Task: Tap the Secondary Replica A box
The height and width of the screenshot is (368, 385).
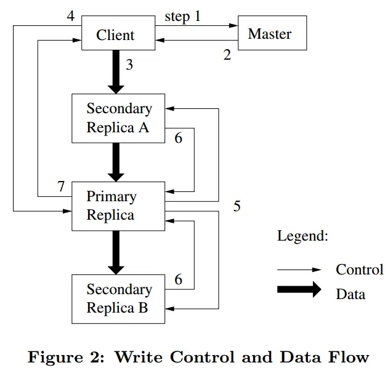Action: pyautogui.click(x=118, y=118)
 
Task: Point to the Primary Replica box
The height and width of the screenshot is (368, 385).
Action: pyautogui.click(x=118, y=206)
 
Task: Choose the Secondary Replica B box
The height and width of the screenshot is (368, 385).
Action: pyautogui.click(x=118, y=298)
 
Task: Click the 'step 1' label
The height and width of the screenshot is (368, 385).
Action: pyautogui.click(x=182, y=16)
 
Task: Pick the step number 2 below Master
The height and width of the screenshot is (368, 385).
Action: pyautogui.click(x=227, y=55)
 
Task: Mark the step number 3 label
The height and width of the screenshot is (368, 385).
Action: pyautogui.click(x=129, y=64)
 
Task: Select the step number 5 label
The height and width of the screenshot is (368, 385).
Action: pyautogui.click(x=237, y=206)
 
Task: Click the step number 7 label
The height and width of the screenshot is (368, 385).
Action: pyautogui.click(x=61, y=186)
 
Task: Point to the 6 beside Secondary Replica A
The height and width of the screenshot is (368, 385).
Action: pyautogui.click(x=178, y=138)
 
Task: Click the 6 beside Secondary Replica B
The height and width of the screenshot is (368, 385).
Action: pyautogui.click(x=178, y=279)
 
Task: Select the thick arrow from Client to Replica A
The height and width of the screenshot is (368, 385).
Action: pyautogui.click(x=115, y=71)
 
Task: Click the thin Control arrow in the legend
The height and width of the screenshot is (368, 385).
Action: pyautogui.click(x=299, y=270)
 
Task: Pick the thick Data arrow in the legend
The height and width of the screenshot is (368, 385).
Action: pyautogui.click(x=299, y=290)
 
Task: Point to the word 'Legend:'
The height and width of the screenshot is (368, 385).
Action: pyautogui.click(x=302, y=235)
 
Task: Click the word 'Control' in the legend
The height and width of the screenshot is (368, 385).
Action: pyautogui.click(x=359, y=270)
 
